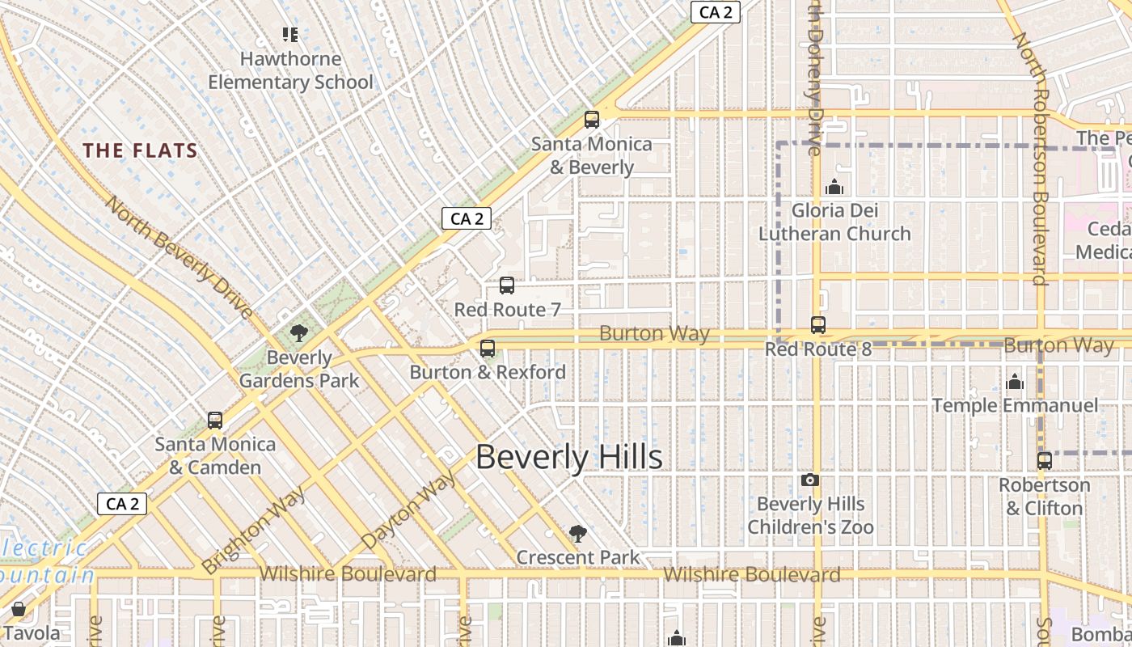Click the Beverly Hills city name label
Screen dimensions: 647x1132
[x=568, y=458]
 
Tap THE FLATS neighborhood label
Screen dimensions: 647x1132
[x=141, y=150]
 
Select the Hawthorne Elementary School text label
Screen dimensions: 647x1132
[x=290, y=71]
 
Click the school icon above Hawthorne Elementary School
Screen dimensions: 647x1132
[x=290, y=35]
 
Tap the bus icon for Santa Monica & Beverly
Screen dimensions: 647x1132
[x=592, y=120]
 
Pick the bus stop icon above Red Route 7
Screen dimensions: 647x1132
[x=507, y=285]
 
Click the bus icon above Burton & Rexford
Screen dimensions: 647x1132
[x=488, y=349]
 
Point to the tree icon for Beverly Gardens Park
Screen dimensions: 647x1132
[x=299, y=333]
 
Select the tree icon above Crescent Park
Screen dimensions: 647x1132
[x=577, y=533]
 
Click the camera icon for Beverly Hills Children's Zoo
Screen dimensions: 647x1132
[x=810, y=480]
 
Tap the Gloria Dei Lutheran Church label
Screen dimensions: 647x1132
[x=834, y=222]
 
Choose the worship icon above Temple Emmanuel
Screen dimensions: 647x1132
[x=1015, y=382]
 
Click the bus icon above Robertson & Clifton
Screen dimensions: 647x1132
[x=1045, y=461]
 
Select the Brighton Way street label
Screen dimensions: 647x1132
[x=255, y=529]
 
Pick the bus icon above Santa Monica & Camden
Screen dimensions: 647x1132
[x=215, y=421]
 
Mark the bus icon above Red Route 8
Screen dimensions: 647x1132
[x=818, y=325]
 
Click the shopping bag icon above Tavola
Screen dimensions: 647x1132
[x=19, y=609]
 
